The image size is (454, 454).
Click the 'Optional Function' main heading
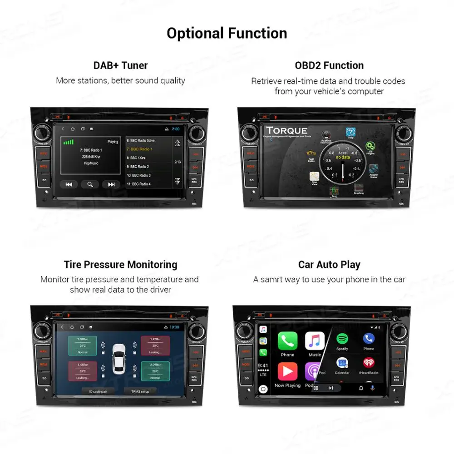227,33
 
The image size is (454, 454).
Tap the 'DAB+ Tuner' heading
120,65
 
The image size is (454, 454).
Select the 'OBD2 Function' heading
329,65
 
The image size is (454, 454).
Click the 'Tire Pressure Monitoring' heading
120,265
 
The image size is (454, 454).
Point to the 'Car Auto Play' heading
329,265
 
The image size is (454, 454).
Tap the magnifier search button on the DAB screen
90,184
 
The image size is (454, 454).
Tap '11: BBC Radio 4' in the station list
138,184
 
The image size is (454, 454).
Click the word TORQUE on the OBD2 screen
286,131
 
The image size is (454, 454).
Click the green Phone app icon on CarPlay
287,341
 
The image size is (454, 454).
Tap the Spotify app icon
342,339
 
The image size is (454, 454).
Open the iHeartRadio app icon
369,363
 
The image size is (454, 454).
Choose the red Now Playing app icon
287,371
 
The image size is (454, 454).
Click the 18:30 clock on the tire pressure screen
174,327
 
